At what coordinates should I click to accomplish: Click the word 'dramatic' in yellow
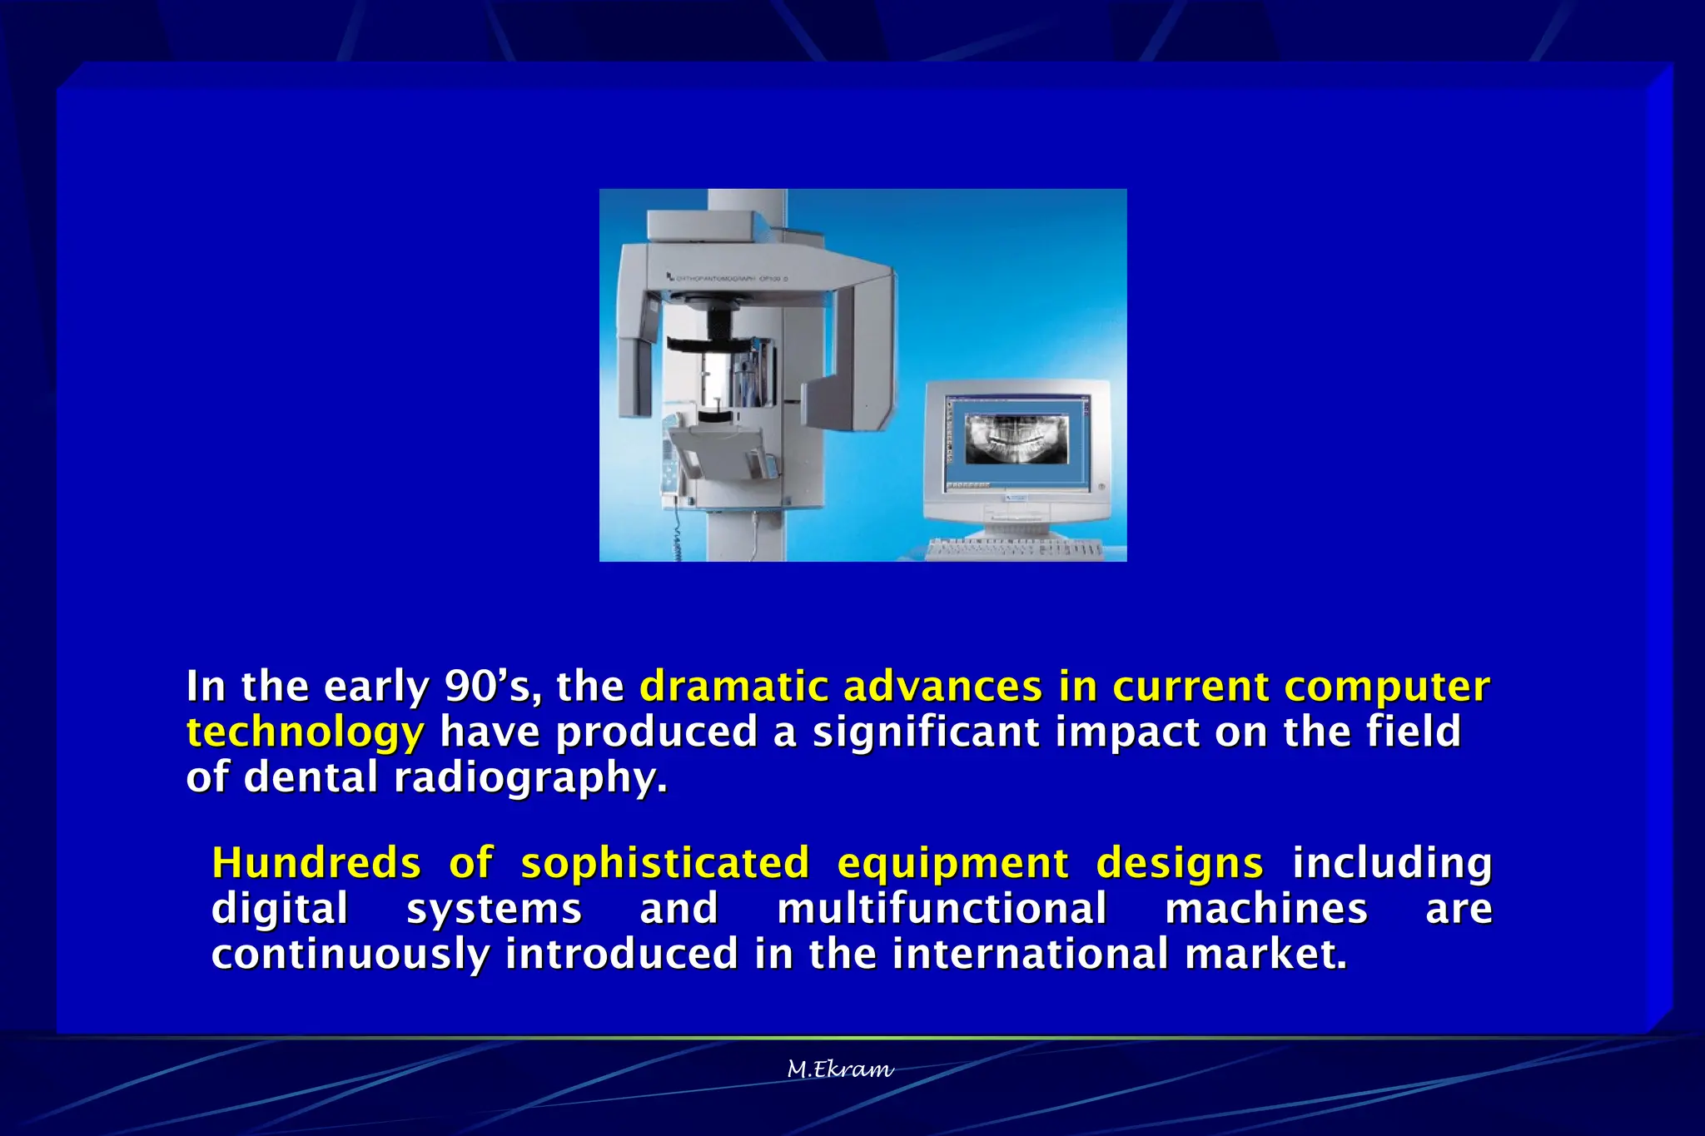(x=733, y=687)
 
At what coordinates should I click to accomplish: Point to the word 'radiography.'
(x=530, y=778)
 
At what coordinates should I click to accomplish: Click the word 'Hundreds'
(x=316, y=863)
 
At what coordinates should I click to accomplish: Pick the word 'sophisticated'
(x=665, y=863)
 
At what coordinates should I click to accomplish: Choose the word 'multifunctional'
(x=942, y=908)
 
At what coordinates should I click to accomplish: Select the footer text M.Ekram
(x=840, y=1069)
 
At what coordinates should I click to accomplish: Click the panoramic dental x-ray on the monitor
(x=1016, y=439)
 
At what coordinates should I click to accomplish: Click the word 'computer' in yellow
(x=1386, y=687)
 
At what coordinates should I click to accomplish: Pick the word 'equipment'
(x=952, y=863)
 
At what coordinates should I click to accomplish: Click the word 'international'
(x=1031, y=954)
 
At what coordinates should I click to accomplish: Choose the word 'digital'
(x=280, y=908)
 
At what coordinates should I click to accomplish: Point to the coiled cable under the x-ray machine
(x=676, y=537)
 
